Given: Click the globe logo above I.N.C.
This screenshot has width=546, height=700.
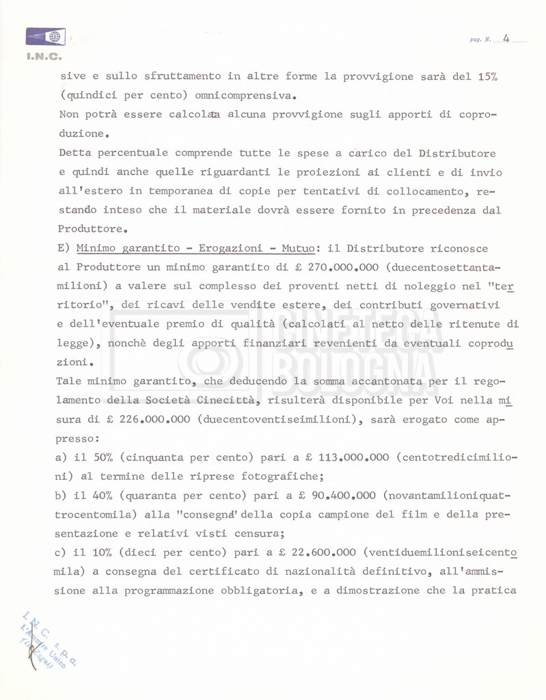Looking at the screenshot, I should (45, 36).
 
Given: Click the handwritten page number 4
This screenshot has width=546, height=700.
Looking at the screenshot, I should (506, 38).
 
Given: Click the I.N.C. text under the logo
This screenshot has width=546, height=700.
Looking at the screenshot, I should (44, 56).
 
